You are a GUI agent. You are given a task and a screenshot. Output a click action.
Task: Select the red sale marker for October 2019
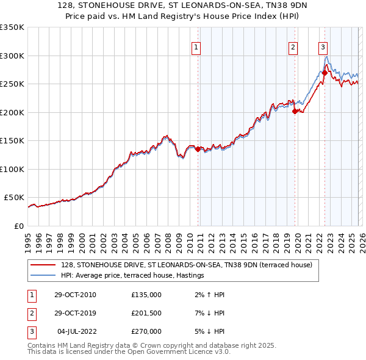pyautogui.click(x=295, y=112)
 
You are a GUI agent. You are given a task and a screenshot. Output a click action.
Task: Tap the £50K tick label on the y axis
pyautogui.click(x=14, y=198)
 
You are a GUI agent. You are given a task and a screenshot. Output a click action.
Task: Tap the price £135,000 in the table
pyautogui.click(x=146, y=295)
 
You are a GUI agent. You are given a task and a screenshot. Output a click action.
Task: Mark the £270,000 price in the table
pyautogui.click(x=146, y=331)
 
